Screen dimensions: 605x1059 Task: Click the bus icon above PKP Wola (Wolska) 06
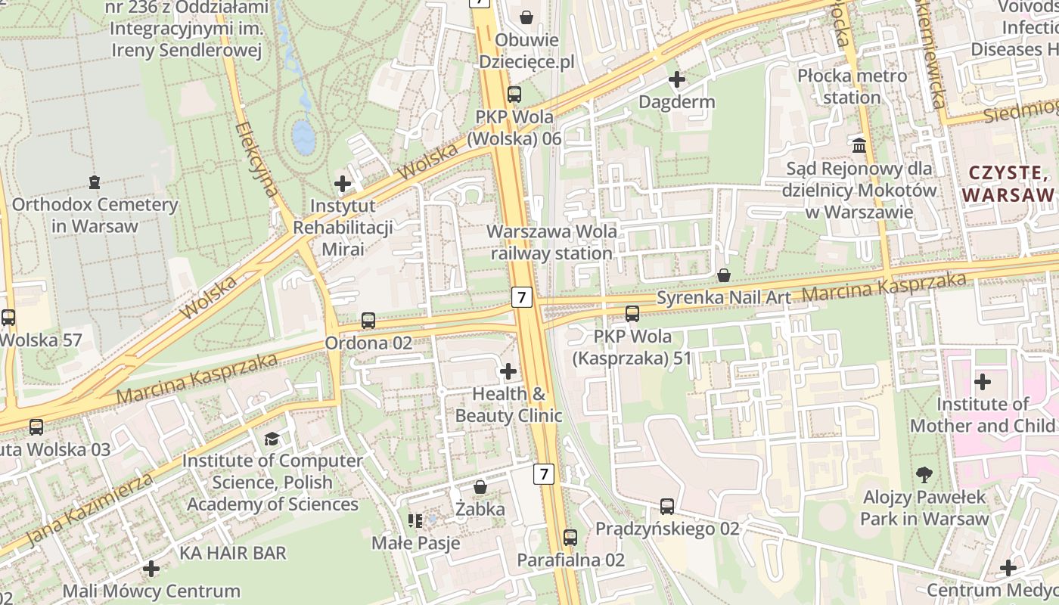point(514,95)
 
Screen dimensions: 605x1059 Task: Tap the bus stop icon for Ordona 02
point(368,321)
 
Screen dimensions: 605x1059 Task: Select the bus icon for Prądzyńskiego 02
point(666,507)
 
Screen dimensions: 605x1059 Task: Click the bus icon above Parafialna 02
point(570,538)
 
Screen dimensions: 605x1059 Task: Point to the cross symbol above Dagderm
point(676,79)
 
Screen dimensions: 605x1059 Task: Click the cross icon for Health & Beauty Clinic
point(508,371)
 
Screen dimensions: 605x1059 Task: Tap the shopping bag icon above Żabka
point(480,487)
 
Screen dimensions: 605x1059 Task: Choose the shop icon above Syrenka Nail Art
point(724,275)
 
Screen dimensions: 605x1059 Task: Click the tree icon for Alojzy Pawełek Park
point(924,475)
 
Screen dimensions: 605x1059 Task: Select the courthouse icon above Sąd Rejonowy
point(859,145)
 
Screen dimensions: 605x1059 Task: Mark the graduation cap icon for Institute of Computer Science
point(272,439)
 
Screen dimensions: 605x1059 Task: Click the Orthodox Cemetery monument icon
point(95,182)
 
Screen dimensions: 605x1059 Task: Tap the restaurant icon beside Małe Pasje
point(415,520)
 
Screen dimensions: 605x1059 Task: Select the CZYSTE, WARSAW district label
point(1008,185)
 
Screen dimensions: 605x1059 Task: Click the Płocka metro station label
point(852,87)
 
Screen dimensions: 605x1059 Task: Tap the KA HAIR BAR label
point(233,554)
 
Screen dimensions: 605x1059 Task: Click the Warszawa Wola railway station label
point(551,242)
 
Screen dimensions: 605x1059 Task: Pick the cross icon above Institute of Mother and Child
point(983,382)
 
